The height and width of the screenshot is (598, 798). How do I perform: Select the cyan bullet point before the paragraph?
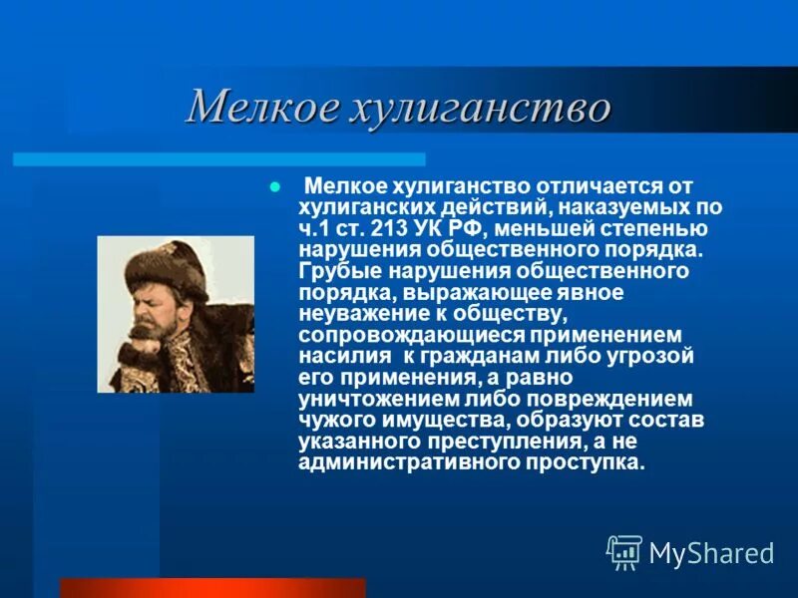pyautogui.click(x=276, y=187)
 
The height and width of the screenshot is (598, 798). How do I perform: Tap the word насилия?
pyautogui.click(x=342, y=355)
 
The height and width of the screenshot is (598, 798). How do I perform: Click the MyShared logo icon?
pyautogui.click(x=624, y=551)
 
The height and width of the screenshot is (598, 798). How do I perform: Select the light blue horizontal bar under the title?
pyautogui.click(x=219, y=159)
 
